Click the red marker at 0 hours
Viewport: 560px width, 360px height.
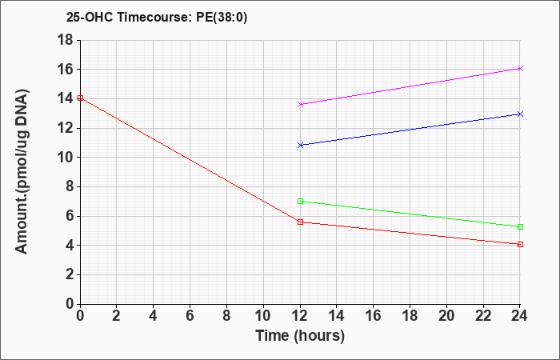(80, 98)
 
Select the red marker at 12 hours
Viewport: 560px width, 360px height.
(300, 222)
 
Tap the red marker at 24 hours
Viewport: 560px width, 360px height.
(520, 244)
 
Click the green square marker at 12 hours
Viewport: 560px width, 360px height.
(300, 202)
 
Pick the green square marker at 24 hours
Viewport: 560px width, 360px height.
(520, 226)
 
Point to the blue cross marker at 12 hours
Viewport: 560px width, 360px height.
(300, 145)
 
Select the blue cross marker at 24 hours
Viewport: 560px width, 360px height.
(520, 114)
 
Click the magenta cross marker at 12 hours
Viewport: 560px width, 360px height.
(300, 104)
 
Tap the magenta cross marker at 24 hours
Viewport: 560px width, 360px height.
(520, 68)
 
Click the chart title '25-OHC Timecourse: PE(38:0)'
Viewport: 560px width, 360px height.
(157, 18)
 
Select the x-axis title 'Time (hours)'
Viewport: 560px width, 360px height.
(300, 336)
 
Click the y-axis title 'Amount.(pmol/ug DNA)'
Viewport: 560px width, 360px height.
(22, 171)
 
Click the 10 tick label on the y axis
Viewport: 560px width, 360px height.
(65, 157)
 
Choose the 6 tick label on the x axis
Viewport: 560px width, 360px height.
(190, 316)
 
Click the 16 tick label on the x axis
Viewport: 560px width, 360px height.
(374, 316)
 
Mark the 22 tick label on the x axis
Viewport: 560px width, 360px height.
(483, 316)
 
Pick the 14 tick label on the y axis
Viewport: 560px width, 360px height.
(65, 98)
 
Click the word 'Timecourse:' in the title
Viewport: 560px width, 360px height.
(154, 18)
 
